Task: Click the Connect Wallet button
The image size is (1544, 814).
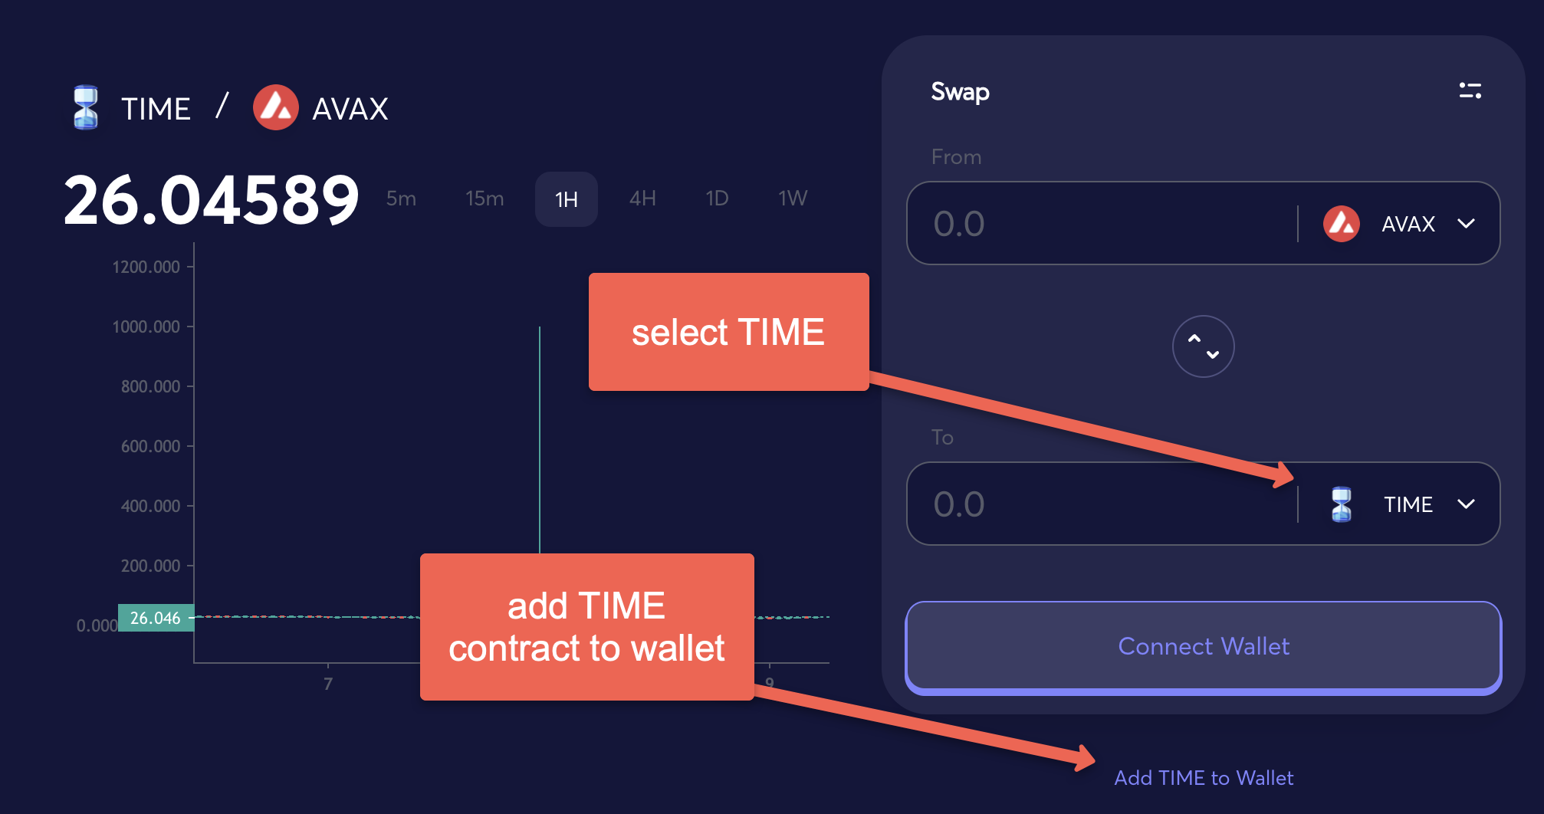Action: pyautogui.click(x=1203, y=647)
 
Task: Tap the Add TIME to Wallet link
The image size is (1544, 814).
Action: pyautogui.click(x=1204, y=778)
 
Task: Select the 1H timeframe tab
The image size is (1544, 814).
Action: pyautogui.click(x=567, y=199)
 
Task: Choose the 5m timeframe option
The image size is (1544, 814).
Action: pyautogui.click(x=401, y=199)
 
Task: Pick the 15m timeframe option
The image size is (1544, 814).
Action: pyautogui.click(x=485, y=199)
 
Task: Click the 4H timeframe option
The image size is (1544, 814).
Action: pyautogui.click(x=642, y=199)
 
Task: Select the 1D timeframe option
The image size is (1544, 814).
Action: pyautogui.click(x=717, y=199)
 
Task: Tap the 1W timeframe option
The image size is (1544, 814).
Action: pyautogui.click(x=793, y=199)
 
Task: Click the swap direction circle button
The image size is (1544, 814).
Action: pyautogui.click(x=1204, y=346)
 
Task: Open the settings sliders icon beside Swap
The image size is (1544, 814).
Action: pyautogui.click(x=1470, y=91)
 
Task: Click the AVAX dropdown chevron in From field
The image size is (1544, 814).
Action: pyautogui.click(x=1467, y=224)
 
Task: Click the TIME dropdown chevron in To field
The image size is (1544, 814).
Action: pyautogui.click(x=1467, y=504)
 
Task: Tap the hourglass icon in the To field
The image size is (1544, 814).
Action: pyautogui.click(x=1342, y=504)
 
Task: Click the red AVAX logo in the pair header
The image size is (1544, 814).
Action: pyautogui.click(x=276, y=107)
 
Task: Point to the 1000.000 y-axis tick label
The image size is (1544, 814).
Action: pyautogui.click(x=146, y=327)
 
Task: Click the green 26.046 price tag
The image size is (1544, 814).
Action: pyautogui.click(x=156, y=618)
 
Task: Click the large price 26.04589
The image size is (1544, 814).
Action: pyautogui.click(x=212, y=200)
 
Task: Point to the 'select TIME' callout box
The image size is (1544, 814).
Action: pyautogui.click(x=729, y=332)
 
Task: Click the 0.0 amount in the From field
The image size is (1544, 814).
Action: pyautogui.click(x=959, y=224)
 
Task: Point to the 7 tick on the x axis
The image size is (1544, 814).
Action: pyautogui.click(x=328, y=683)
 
